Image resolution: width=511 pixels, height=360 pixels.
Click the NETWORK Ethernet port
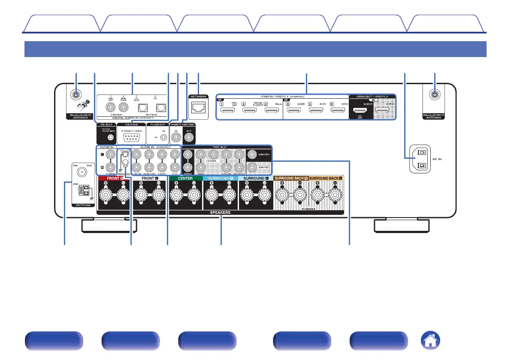(x=198, y=108)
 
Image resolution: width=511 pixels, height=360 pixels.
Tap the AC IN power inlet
(x=421, y=159)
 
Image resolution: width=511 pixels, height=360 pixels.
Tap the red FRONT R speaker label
(x=113, y=178)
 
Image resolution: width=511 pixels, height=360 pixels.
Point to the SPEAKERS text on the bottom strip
(x=221, y=212)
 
